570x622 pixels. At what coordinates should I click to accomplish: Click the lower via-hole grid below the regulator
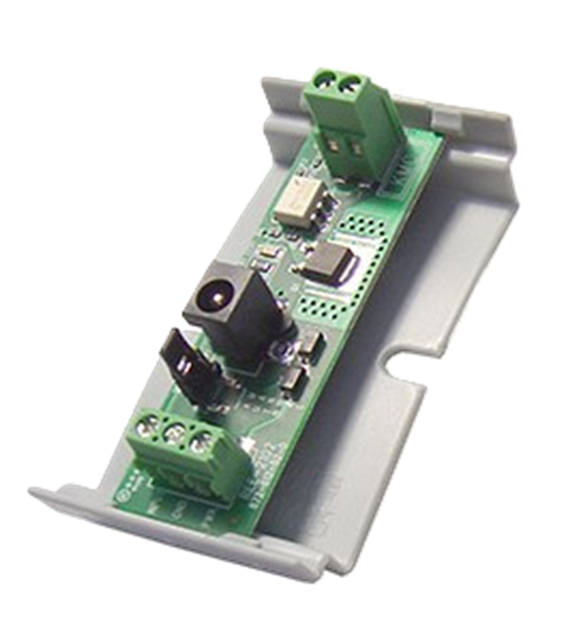321,307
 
